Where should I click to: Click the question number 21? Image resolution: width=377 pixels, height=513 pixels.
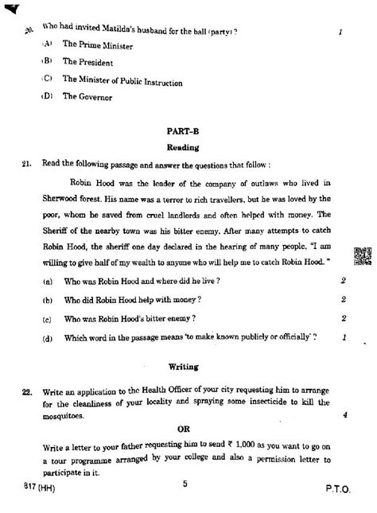click(x=28, y=165)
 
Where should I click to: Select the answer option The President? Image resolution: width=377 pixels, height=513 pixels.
click(x=88, y=62)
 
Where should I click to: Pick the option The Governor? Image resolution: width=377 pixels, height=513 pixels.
click(x=87, y=97)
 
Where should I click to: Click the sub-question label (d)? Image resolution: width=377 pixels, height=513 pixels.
click(x=49, y=338)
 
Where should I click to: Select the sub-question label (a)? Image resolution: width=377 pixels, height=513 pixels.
click(x=49, y=281)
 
